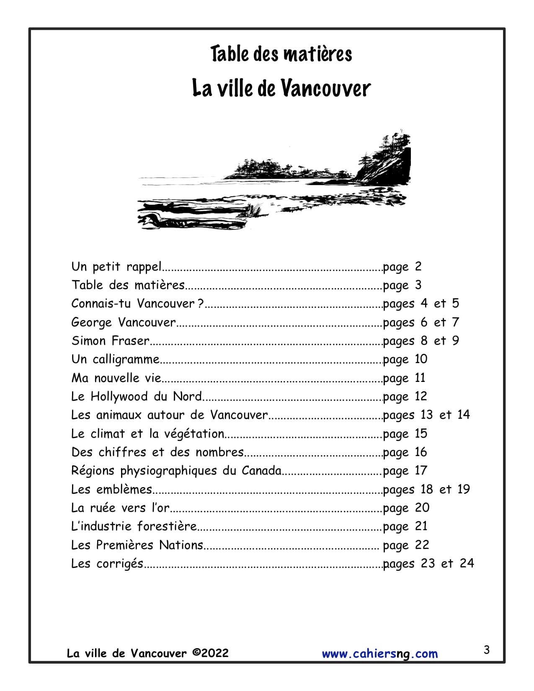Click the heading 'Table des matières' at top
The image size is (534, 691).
coord(281,54)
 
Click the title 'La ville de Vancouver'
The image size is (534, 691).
coord(281,88)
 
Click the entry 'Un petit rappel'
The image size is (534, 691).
coord(116,266)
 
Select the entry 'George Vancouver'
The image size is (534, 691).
coord(124,322)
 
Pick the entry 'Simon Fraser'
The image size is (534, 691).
coord(110,340)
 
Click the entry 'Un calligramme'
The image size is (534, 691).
coord(116,359)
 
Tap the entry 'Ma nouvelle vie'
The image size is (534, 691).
coord(116,378)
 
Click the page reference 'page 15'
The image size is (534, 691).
coord(405,433)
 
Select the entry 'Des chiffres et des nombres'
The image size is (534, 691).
coord(157,452)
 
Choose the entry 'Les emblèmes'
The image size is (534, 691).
coord(111,489)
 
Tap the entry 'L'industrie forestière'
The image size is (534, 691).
coord(134,526)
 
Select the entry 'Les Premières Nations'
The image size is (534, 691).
coord(137,545)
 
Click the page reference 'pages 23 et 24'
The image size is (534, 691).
coord(428,563)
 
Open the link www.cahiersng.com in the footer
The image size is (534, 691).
coord(379,654)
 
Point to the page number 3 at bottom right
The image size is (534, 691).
coord(486,650)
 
